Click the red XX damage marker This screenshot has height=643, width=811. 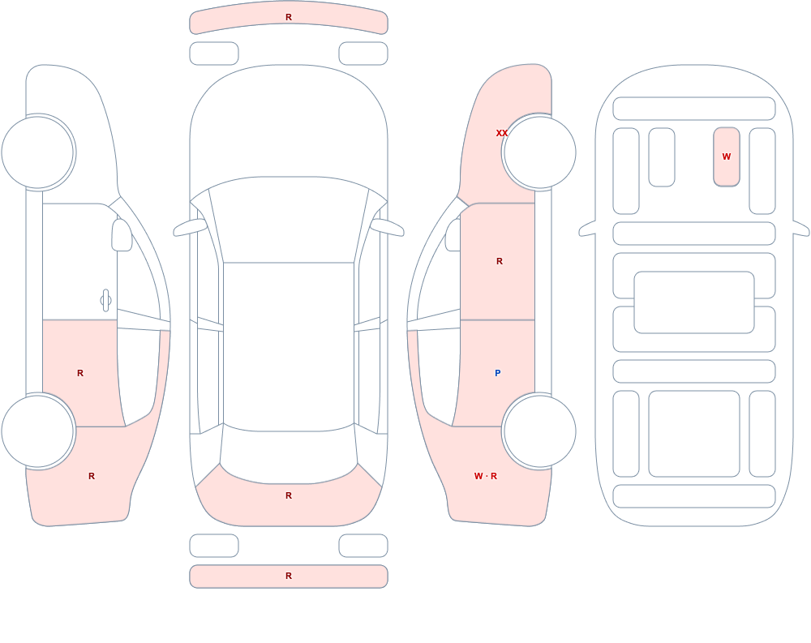point(502,133)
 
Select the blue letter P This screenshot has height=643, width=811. point(498,373)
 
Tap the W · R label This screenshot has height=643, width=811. point(486,476)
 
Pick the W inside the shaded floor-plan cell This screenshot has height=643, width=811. point(727,156)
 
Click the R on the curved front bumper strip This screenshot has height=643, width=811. point(289,17)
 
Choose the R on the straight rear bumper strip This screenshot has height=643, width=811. point(289,576)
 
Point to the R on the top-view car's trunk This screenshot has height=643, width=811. point(289,495)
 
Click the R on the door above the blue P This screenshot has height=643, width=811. point(499,261)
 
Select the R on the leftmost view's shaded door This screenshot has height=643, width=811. point(80,373)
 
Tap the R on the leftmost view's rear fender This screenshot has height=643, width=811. point(92,476)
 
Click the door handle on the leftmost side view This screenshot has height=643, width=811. point(105,301)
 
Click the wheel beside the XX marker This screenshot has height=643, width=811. point(539,152)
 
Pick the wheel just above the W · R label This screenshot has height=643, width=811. point(539,431)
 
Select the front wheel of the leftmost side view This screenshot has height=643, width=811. point(38,152)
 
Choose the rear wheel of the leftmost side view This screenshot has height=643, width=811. point(38,431)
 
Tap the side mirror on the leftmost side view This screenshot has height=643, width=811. point(122,235)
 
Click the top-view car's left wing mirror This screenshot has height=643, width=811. point(190,227)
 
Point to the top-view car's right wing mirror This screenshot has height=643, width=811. point(388,227)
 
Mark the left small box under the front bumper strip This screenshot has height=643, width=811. point(214,54)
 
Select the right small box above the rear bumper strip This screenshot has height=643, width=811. point(363,546)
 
